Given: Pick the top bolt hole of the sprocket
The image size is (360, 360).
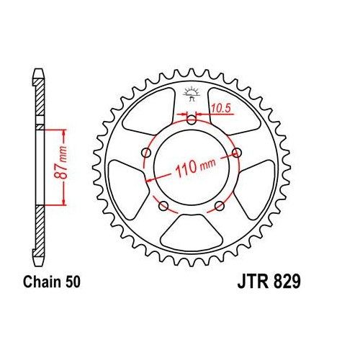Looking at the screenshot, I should [191, 120].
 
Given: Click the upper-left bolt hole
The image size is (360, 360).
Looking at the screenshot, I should [147, 153].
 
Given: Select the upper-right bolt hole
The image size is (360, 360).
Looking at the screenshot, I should [236, 152].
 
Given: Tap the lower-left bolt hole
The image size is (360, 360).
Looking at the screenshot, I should [163, 207].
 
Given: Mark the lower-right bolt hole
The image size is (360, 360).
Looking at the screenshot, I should [220, 207].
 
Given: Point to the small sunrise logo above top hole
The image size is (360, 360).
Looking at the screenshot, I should [192, 93].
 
